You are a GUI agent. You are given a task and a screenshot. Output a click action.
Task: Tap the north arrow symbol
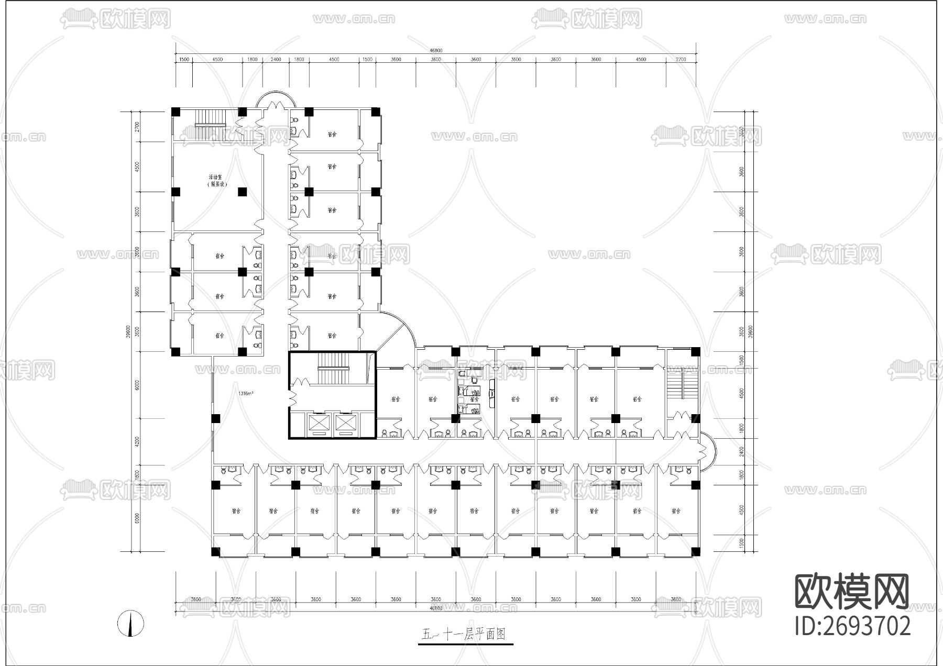pos(130,624)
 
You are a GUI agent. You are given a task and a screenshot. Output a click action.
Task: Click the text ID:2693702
pos(852,626)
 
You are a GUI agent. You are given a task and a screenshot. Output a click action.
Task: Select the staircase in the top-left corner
pos(210,118)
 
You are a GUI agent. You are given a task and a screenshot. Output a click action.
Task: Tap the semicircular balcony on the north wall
pos(277,98)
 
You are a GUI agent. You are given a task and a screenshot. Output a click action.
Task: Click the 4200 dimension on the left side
pos(137,441)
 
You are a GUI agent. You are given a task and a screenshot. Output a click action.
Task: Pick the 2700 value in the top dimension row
pos(681,60)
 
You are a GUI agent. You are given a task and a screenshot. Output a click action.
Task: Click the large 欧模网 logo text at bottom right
pos(852,592)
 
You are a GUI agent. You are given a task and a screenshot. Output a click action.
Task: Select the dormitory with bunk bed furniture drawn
pos(474,398)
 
